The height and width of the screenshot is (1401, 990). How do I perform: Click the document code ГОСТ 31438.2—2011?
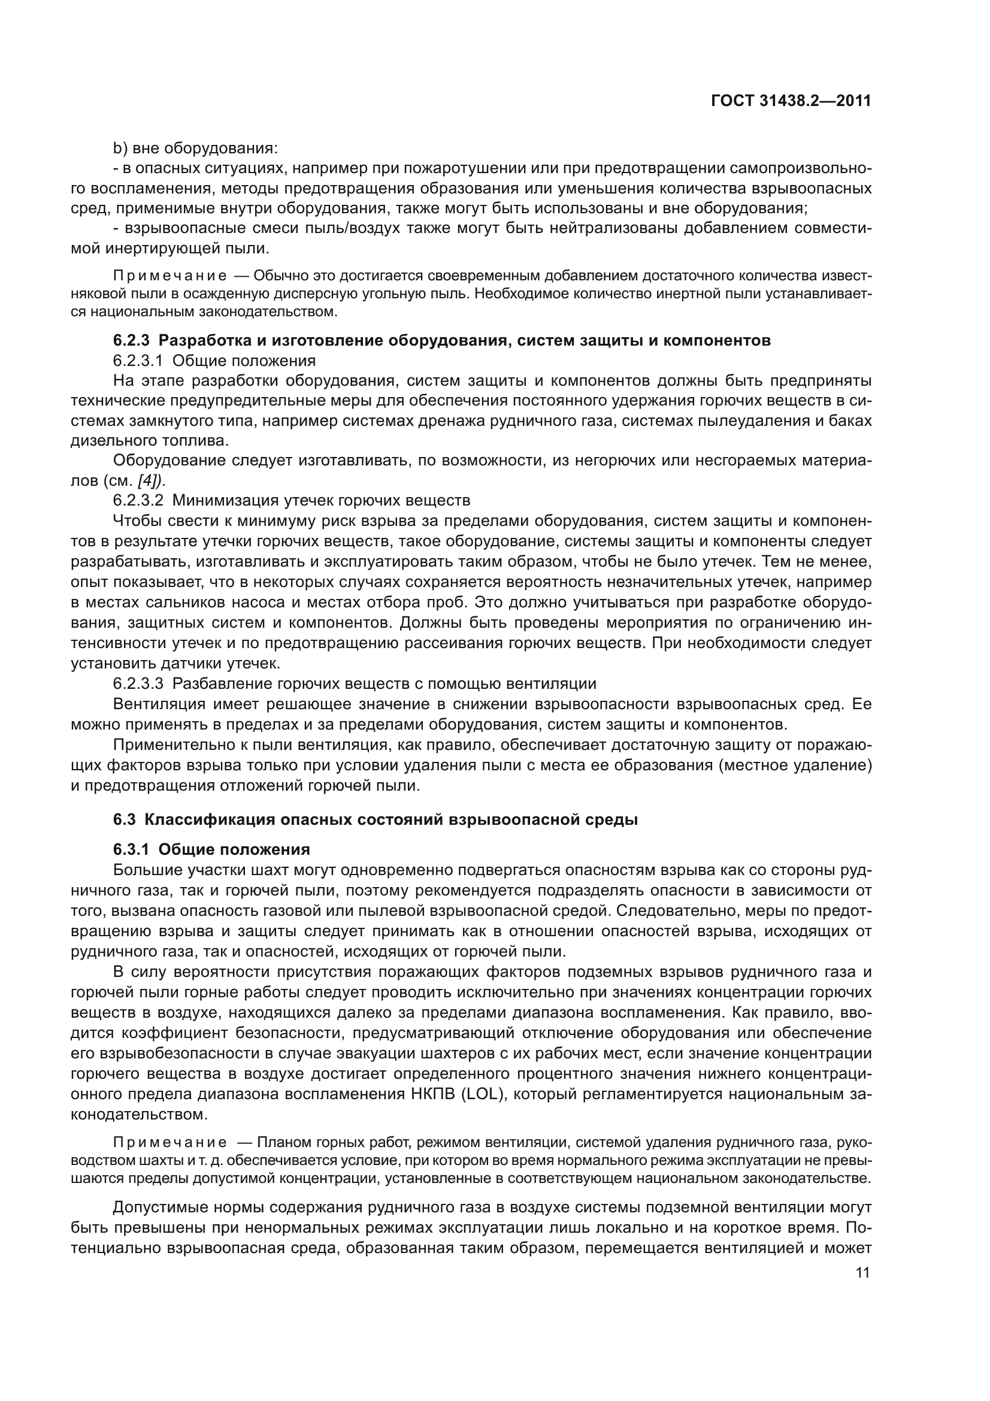point(791,101)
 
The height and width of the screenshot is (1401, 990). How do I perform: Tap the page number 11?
point(862,1272)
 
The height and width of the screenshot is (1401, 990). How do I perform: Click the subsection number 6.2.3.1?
point(138,361)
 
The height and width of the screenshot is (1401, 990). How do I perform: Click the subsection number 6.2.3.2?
point(138,501)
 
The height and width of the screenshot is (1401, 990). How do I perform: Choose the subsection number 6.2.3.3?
point(138,683)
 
